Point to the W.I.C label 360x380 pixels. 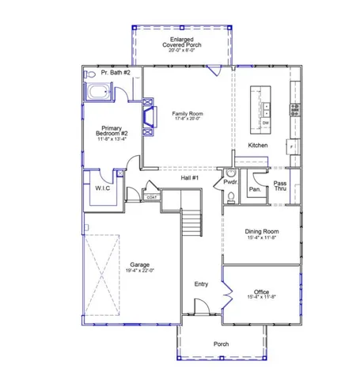pyautogui.click(x=102, y=189)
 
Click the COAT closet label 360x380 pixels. pyautogui.click(x=149, y=197)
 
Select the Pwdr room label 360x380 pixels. pyautogui.click(x=229, y=181)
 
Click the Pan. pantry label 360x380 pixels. pyautogui.click(x=255, y=189)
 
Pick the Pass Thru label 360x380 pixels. pyautogui.click(x=280, y=187)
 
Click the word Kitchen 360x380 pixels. pyautogui.click(x=258, y=146)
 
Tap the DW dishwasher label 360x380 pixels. pyautogui.click(x=265, y=123)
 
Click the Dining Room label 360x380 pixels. pyautogui.click(x=260, y=231)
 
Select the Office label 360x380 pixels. pyautogui.click(x=260, y=291)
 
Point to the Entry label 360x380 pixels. pyautogui.click(x=201, y=283)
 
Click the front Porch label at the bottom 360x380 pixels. pyautogui.click(x=222, y=344)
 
